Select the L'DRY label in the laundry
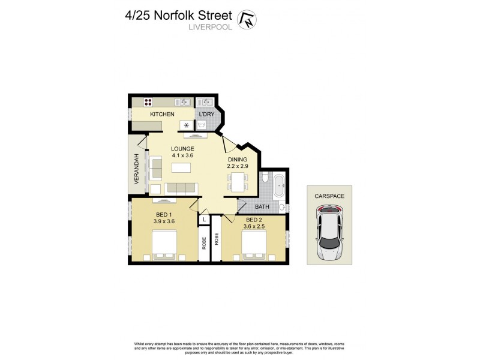point(206,114)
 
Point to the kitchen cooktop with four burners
point(147,102)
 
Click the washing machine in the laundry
point(203,125)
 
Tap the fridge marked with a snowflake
point(186,125)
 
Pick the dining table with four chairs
point(238,181)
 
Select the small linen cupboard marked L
point(205,220)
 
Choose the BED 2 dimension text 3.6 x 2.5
point(253,227)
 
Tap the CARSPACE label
point(329,196)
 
